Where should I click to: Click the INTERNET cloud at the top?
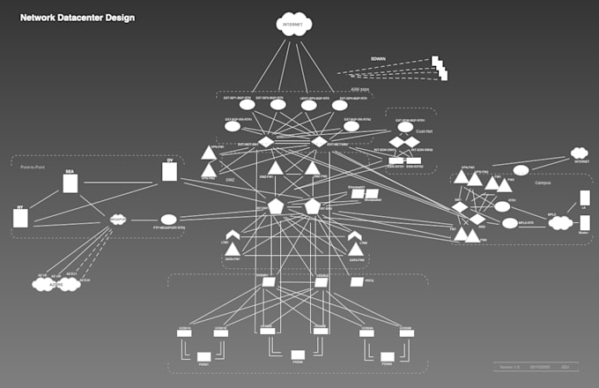click(294, 26)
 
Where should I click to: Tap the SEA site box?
click(70, 183)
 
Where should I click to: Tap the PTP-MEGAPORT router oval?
click(168, 219)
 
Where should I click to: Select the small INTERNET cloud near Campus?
click(579, 156)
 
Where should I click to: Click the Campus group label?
click(543, 183)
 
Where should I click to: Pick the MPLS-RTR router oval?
click(510, 223)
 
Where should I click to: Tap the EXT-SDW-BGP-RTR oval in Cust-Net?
click(405, 127)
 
